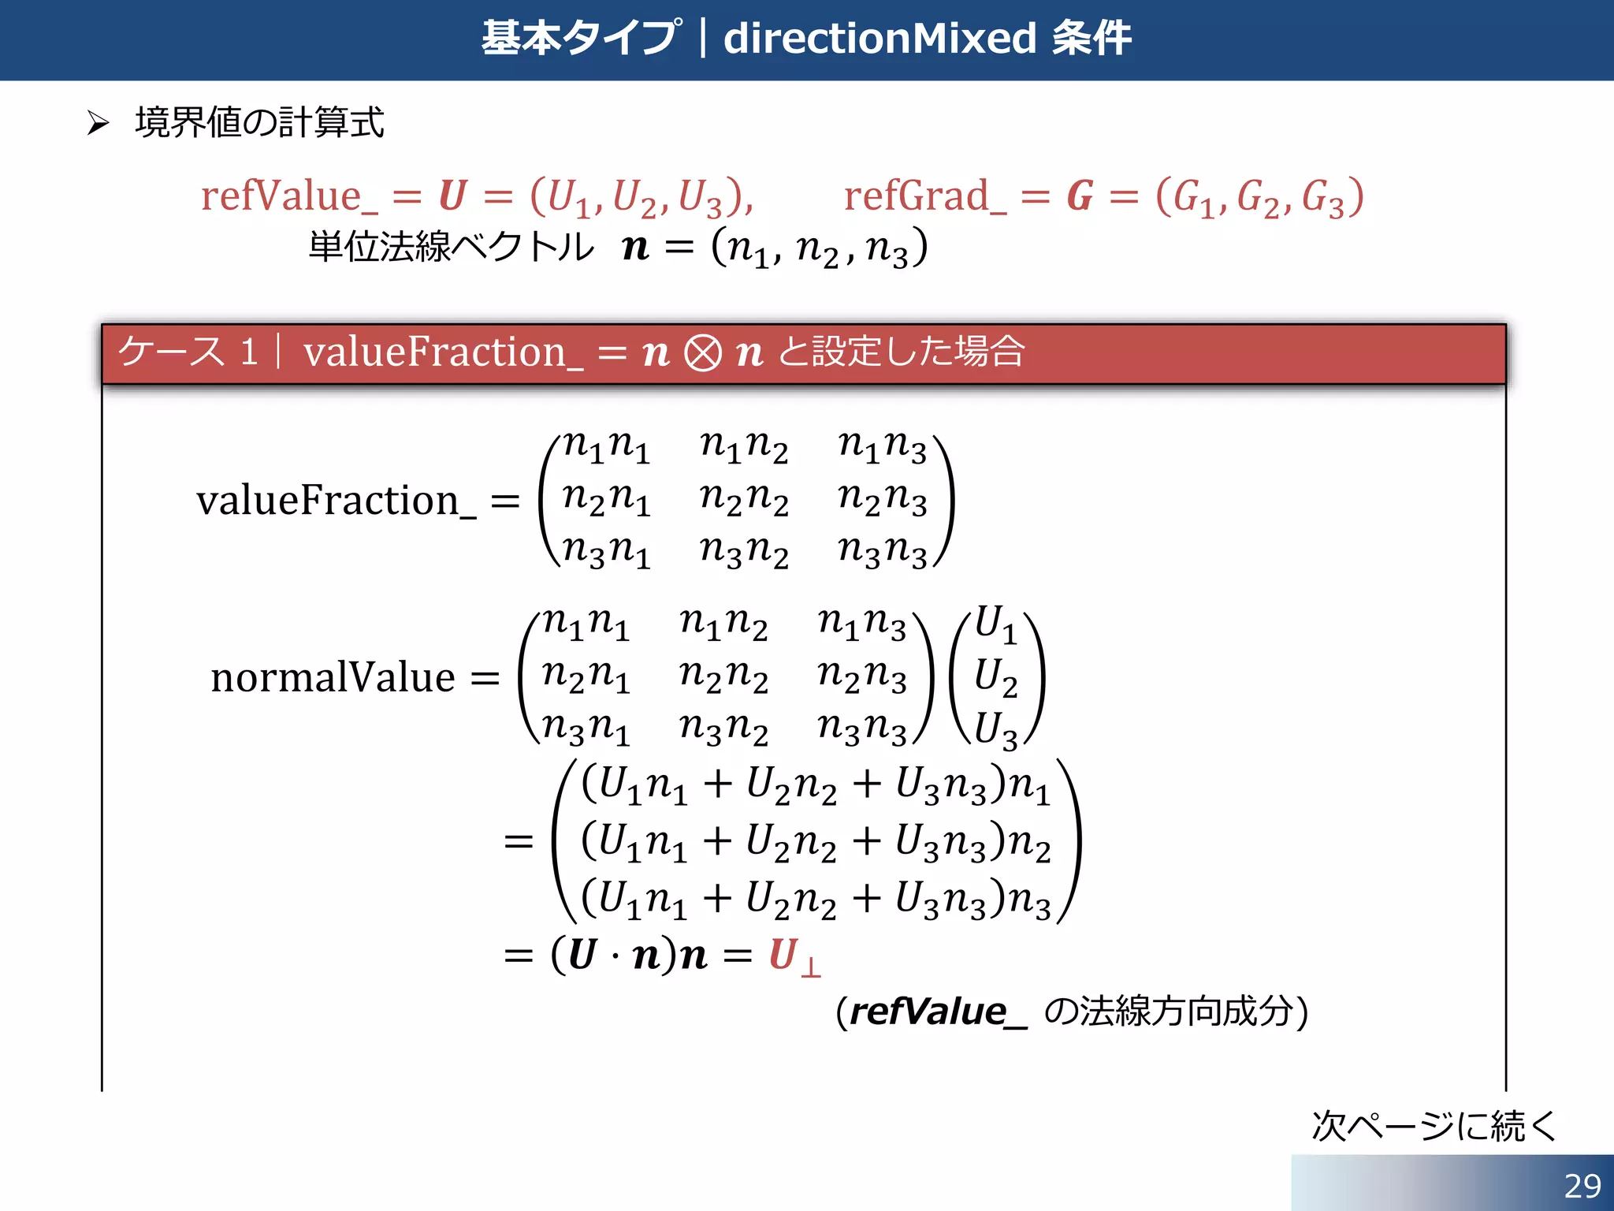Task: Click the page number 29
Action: tap(1582, 1186)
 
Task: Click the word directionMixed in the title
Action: tap(880, 38)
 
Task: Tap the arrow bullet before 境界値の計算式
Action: tap(98, 123)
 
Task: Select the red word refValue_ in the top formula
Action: tap(288, 196)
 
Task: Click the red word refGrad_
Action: tap(924, 196)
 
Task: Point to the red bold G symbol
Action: tap(1080, 196)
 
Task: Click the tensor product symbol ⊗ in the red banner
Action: tap(702, 352)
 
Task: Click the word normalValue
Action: tap(333, 677)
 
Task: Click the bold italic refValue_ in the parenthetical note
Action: tap(937, 1012)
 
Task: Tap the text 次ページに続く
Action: tap(1434, 1125)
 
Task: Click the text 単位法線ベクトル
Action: tap(451, 247)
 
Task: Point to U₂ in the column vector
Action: tap(995, 676)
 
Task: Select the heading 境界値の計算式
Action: tap(259, 123)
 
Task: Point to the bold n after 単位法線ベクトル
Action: tap(635, 248)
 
